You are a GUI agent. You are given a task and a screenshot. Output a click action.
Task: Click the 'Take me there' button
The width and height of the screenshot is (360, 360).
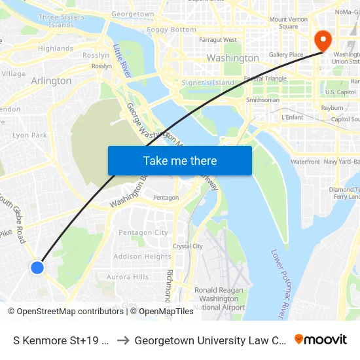tap(180, 160)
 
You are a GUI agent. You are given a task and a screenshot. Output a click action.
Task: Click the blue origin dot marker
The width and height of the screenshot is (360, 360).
tap(37, 267)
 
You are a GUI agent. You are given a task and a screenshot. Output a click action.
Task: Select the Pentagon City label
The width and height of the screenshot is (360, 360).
tap(143, 232)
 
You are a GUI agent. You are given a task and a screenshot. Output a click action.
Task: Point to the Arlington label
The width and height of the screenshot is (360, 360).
tap(51, 81)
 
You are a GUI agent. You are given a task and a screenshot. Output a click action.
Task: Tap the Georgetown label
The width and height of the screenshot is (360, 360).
tap(133, 14)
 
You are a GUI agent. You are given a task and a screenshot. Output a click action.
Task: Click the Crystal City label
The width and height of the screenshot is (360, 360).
tap(188, 246)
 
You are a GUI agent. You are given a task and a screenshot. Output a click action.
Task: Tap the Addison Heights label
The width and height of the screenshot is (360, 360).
tap(143, 257)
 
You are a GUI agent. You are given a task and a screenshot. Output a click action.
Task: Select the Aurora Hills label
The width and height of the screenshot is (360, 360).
tap(128, 277)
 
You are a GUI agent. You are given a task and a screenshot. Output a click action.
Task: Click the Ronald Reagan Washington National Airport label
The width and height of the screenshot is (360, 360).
tap(219, 298)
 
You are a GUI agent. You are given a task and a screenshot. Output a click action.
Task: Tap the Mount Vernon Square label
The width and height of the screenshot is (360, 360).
tap(288, 23)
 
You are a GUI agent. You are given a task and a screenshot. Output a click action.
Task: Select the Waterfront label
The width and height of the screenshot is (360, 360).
tap(305, 162)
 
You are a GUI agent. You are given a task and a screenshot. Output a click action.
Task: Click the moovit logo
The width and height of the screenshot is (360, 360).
tap(320, 340)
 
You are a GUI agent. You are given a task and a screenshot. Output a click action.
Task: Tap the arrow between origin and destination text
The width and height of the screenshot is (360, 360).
tap(122, 340)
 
